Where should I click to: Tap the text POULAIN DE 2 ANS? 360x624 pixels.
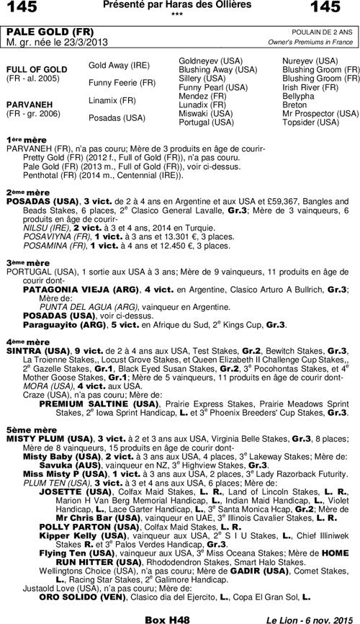coord(323,32)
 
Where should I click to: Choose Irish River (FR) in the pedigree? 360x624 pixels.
coord(310,86)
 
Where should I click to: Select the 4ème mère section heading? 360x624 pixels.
coord(22,342)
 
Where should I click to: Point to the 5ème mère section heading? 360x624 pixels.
coord(22,428)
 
